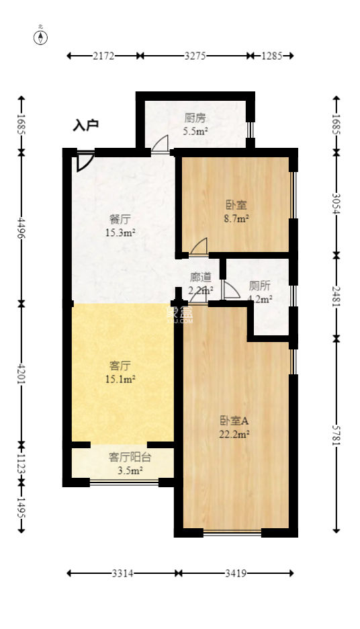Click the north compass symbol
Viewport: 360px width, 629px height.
(42, 36)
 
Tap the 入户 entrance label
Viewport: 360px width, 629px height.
(86, 125)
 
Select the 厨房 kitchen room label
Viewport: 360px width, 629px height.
(195, 118)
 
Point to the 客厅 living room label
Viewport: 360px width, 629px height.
(120, 366)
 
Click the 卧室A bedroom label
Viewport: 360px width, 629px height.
(234, 421)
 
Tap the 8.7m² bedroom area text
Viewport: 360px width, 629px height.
(236, 218)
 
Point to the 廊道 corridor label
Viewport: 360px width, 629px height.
(201, 276)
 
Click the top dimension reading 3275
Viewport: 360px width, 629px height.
(195, 56)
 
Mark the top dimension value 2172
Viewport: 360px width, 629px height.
(104, 56)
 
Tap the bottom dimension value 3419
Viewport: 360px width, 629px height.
(236, 573)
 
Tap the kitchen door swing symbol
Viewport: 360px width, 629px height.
(160, 145)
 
